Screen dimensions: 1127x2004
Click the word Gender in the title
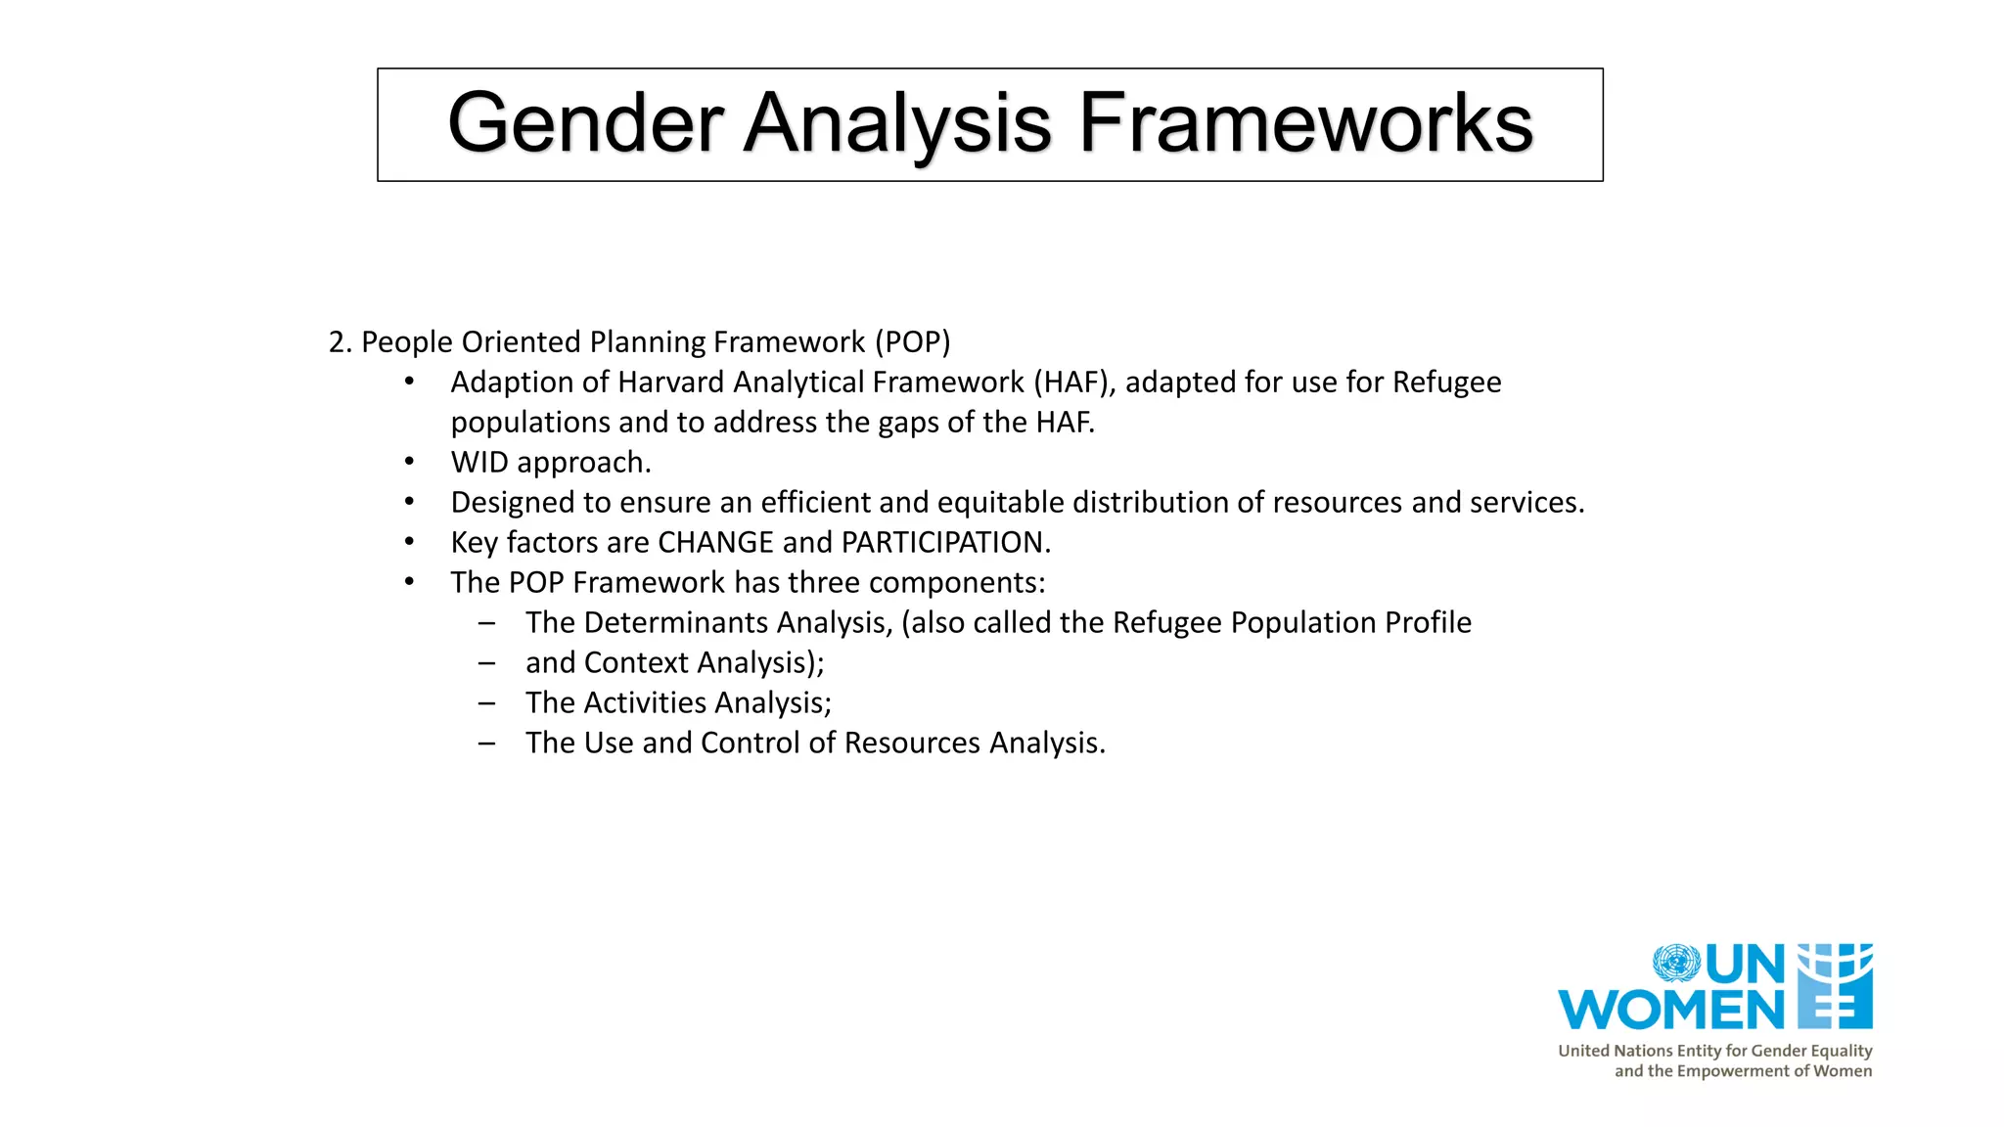pyautogui.click(x=585, y=123)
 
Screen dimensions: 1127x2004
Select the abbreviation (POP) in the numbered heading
pyautogui.click(x=912, y=342)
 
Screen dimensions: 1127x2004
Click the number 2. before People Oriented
pyautogui.click(x=340, y=342)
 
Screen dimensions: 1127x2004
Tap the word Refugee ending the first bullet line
pyautogui.click(x=1446, y=383)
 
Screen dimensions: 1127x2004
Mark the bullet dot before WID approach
pyautogui.click(x=410, y=463)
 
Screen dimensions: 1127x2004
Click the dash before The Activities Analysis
pyautogui.click(x=486, y=703)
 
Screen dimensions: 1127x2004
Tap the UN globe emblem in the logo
pyautogui.click(x=1676, y=963)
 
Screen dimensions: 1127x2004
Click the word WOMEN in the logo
pyautogui.click(x=1671, y=1011)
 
